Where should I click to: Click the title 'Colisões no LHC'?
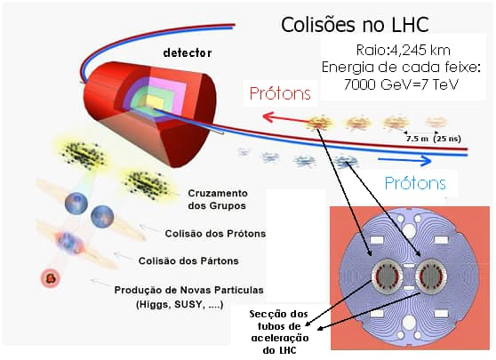coord(355,25)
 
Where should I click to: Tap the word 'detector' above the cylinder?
coord(188,52)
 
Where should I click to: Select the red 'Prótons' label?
coord(280,93)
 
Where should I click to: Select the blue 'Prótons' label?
coord(415,183)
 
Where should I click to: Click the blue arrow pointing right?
coord(405,160)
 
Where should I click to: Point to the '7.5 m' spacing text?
coord(417,139)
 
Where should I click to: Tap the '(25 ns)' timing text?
coord(447,139)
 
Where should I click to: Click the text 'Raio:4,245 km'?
coord(403,51)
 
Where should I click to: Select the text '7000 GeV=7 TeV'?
coord(401,84)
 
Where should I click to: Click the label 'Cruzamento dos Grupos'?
coord(217,199)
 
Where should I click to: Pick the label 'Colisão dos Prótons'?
coord(215,234)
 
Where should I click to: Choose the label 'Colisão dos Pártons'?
coord(188,260)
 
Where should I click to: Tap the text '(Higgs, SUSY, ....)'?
coord(180,304)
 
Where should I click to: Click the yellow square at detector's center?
coord(155,102)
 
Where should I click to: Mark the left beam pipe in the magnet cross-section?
coord(388,275)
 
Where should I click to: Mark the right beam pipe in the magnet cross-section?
coord(431,275)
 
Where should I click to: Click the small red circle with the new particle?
coord(51,278)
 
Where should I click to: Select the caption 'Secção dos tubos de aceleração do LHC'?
coord(280,332)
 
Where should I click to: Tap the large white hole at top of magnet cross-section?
coord(409,230)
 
